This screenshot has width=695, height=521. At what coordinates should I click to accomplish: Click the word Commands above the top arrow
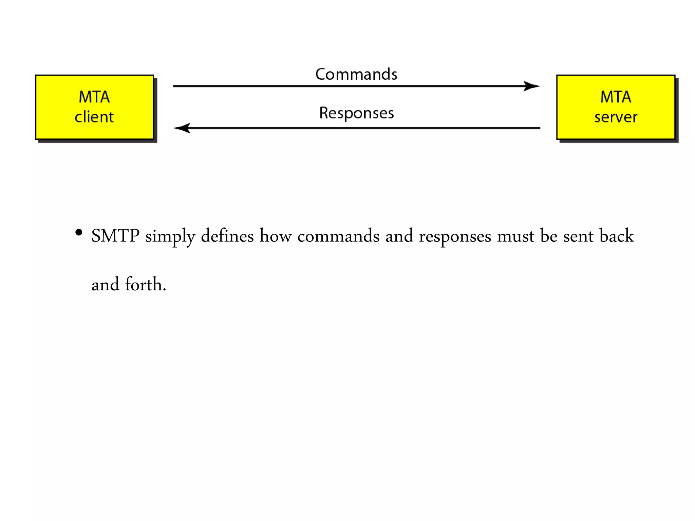(356, 74)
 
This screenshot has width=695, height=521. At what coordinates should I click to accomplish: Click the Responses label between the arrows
(356, 113)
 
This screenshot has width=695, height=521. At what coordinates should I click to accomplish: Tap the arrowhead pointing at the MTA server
(532, 86)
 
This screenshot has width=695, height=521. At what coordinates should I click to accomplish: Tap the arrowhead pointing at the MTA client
(182, 128)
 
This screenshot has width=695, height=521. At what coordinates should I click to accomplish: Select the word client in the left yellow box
(94, 117)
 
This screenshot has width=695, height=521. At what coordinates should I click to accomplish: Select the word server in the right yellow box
(616, 117)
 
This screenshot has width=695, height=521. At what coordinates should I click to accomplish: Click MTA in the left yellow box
(94, 97)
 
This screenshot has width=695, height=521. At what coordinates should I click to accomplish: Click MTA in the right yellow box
(616, 97)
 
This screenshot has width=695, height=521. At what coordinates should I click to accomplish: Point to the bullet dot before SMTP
(79, 233)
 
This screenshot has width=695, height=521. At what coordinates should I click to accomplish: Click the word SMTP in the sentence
(115, 236)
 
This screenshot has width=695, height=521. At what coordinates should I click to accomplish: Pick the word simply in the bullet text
(170, 237)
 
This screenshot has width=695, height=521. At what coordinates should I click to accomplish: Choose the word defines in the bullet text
(227, 236)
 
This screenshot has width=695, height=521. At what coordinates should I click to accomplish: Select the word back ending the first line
(616, 236)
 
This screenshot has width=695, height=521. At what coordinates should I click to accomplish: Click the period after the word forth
(165, 290)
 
